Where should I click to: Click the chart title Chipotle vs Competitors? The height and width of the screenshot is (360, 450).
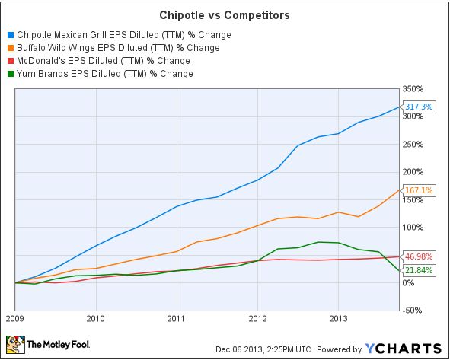(x=225, y=14)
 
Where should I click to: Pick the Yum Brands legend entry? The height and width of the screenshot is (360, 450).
(x=104, y=73)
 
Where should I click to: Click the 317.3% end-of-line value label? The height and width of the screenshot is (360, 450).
(x=420, y=107)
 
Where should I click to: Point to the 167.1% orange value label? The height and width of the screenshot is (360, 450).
(x=420, y=190)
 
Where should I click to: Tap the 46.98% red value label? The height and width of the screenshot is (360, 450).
(x=420, y=256)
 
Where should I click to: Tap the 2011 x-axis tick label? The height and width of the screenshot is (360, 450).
(x=177, y=319)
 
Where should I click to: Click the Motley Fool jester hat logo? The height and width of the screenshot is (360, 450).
(x=15, y=345)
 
